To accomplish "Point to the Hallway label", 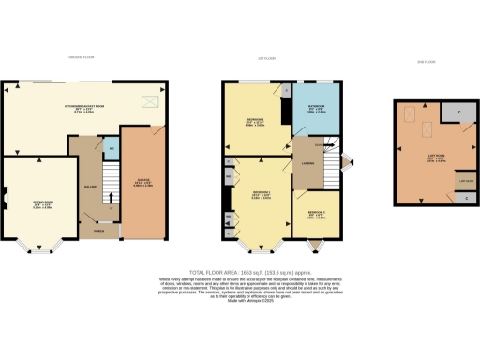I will [x=91, y=187].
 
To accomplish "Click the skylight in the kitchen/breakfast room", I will [x=149, y=102].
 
